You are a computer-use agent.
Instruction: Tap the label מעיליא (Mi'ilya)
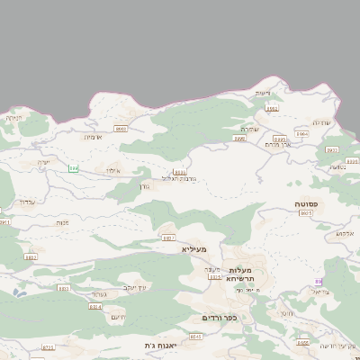193,248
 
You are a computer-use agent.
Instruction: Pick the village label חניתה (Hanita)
13,117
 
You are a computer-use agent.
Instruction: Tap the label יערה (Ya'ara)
43,162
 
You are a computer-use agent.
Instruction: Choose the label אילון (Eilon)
111,170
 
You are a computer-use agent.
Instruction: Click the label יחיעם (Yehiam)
117,318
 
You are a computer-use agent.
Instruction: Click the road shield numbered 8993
280,139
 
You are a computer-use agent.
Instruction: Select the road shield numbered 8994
301,134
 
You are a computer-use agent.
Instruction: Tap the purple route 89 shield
318,282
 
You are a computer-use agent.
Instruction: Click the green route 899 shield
74,168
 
